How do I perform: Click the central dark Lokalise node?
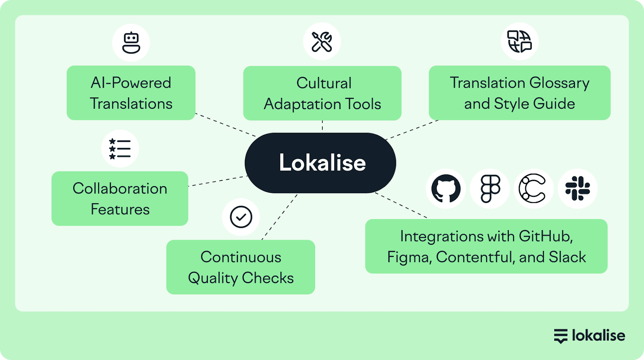(320, 163)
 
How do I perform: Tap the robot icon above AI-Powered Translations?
(131, 43)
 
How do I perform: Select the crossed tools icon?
(322, 41)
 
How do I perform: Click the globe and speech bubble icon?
(519, 41)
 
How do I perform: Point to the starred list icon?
(120, 149)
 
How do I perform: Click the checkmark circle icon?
(241, 217)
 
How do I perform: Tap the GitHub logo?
(446, 188)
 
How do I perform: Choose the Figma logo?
(490, 188)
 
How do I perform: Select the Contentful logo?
(533, 188)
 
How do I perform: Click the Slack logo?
(578, 188)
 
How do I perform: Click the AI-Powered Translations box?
(131, 93)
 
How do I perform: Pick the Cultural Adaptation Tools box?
(322, 93)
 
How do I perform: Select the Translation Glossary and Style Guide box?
(519, 93)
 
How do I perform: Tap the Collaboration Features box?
(120, 199)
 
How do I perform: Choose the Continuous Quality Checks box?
(240, 267)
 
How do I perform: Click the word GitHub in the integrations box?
(545, 236)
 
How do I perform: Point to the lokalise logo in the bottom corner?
(589, 335)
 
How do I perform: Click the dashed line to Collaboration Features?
(217, 181)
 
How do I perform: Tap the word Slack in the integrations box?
(568, 257)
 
